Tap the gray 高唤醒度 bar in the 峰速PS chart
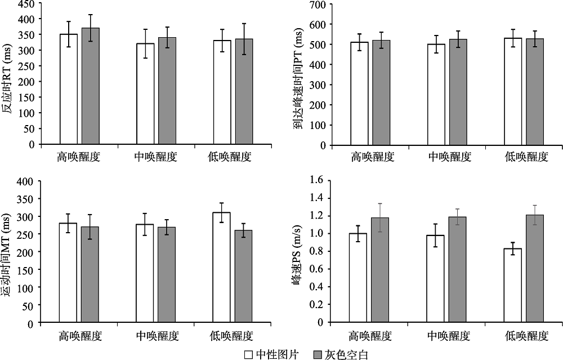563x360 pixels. pos(379,270)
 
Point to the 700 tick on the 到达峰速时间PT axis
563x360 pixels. pos(318,5)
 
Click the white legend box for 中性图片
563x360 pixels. pos(248,354)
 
